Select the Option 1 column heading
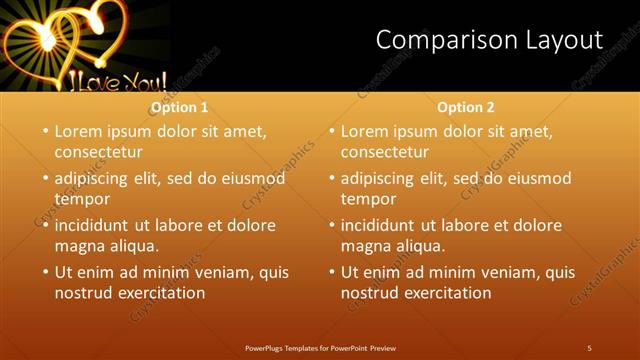(x=180, y=107)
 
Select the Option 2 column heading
(x=466, y=107)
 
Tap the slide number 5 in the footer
(x=589, y=348)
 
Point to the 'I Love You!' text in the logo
(x=110, y=78)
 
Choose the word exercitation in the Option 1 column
(x=161, y=293)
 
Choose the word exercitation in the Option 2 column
(x=447, y=293)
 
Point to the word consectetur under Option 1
(x=98, y=152)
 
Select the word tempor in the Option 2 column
(x=369, y=199)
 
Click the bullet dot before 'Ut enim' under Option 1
(x=45, y=271)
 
